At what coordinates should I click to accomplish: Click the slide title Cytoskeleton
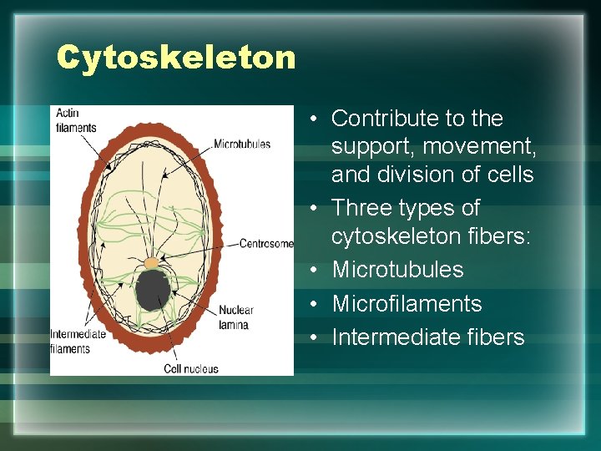pos(176,58)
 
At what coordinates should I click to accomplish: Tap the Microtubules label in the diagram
pos(242,144)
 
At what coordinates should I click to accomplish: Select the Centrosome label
pos(266,244)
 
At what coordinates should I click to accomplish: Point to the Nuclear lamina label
pos(235,317)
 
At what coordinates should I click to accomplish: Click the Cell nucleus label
pos(191,368)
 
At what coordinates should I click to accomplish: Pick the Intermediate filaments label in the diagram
pos(78,341)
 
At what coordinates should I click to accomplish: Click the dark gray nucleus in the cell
pos(154,290)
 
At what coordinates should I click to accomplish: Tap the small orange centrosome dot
pos(150,263)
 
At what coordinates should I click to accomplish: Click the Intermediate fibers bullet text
pos(427,337)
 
